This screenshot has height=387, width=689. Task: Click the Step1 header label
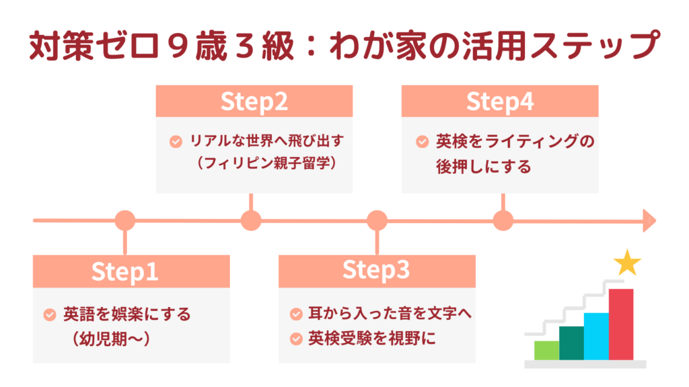[x=124, y=271]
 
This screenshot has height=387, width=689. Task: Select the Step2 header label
[x=254, y=101]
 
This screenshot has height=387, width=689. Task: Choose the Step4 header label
[x=500, y=101]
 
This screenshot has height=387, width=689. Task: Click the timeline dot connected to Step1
[x=124, y=220]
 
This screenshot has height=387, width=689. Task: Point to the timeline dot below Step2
[x=251, y=220]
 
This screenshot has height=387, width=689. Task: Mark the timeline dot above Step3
[x=377, y=220]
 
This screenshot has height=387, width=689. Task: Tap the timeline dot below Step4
[x=503, y=220]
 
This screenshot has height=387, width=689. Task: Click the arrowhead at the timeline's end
[x=649, y=220]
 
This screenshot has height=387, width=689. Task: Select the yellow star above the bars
[x=627, y=263]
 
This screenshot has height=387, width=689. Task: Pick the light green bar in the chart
[x=546, y=350]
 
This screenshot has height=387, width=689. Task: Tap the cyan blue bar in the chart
[x=596, y=336]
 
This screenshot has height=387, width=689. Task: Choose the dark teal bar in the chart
[x=571, y=343]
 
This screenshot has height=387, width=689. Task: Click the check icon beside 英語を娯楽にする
[x=50, y=314]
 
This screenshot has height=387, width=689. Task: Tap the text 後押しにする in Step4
[x=483, y=165]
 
